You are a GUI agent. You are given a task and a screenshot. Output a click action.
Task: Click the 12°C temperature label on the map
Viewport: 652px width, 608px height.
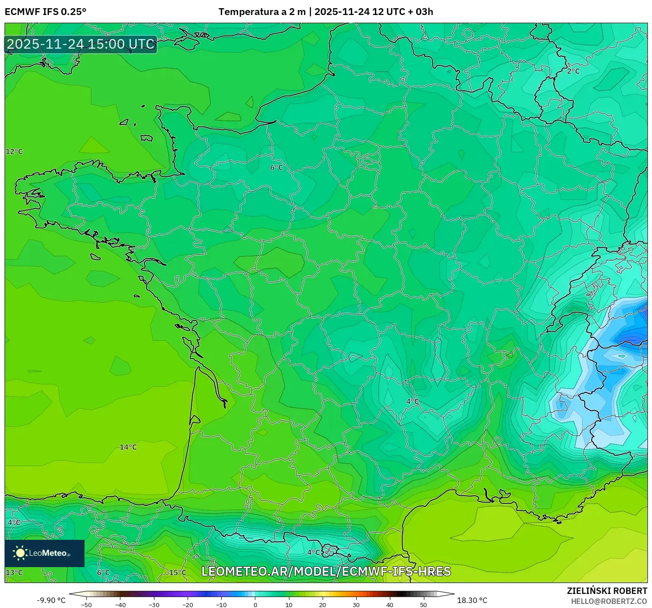click(14, 151)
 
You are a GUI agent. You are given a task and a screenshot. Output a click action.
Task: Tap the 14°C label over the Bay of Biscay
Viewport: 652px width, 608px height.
click(128, 447)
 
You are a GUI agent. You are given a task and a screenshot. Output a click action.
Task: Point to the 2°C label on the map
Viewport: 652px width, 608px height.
click(573, 71)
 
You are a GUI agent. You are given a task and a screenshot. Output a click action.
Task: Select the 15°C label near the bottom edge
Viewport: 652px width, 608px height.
click(178, 573)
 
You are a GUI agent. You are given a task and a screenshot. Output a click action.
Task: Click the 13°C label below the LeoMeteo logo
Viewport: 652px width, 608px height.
click(14, 573)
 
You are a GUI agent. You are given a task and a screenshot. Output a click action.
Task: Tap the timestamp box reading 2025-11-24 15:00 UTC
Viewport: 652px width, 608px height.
click(81, 44)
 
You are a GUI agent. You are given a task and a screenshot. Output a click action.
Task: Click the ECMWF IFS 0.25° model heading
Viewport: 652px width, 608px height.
click(45, 12)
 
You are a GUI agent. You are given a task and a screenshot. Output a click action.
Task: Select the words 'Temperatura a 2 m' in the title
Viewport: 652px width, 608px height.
click(262, 12)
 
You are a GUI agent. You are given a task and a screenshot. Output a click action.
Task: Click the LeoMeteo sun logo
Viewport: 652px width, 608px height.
click(20, 553)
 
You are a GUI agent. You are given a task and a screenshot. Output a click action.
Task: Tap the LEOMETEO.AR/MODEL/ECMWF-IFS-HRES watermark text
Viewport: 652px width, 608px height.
click(326, 571)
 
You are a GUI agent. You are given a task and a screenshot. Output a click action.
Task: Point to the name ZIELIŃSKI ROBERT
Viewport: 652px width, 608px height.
click(607, 591)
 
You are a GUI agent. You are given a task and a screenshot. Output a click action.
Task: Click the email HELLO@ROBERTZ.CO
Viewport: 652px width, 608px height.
click(609, 601)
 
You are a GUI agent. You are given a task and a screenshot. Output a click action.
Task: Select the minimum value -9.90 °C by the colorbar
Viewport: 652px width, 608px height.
click(51, 600)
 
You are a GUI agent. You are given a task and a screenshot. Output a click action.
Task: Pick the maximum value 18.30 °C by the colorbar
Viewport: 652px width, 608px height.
click(472, 600)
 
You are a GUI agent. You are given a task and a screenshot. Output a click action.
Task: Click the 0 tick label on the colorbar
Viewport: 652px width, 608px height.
click(255, 605)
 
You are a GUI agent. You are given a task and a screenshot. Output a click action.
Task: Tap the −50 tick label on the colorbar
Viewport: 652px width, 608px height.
click(86, 605)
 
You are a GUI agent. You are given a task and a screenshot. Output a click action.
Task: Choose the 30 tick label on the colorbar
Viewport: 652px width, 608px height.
click(356, 605)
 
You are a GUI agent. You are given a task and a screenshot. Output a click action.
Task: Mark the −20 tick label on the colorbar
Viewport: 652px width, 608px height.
click(187, 605)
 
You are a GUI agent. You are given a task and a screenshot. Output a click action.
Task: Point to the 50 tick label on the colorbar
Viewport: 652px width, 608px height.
click(423, 605)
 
